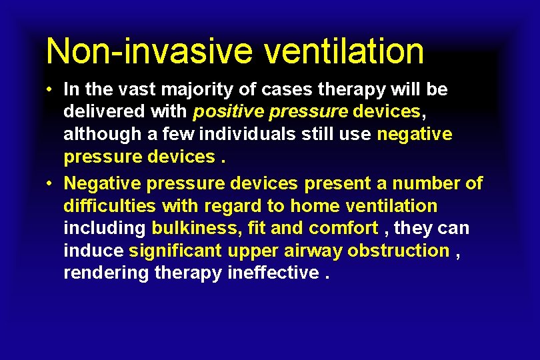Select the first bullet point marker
[50, 89]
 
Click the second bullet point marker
[50, 183]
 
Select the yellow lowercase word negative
[414, 134]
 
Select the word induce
[93, 251]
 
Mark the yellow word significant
[176, 251]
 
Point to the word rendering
[106, 273]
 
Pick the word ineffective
[273, 273]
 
